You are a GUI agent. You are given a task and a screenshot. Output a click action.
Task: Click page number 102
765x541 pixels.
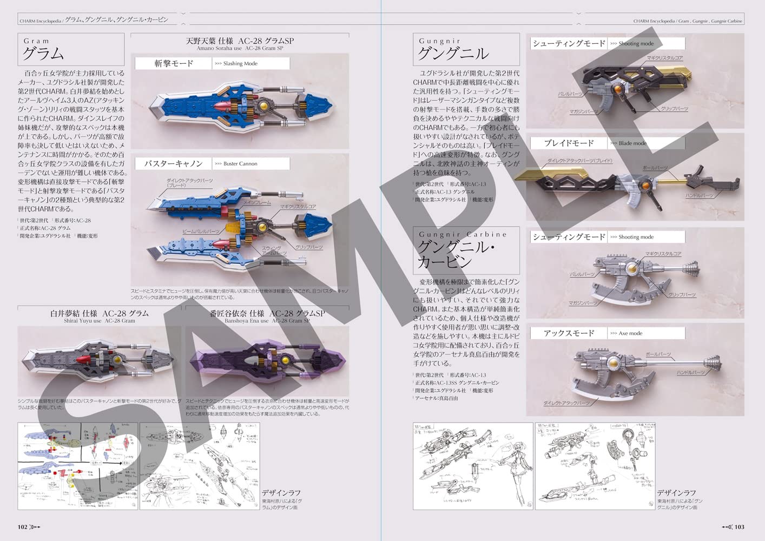click(23, 527)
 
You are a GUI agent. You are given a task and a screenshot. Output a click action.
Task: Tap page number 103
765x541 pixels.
click(739, 527)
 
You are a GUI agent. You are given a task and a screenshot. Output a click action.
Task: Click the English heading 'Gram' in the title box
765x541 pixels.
click(36, 41)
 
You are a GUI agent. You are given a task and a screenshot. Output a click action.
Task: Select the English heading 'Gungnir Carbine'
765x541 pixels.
click(463, 235)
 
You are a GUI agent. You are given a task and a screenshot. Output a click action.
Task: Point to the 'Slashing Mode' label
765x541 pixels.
click(240, 64)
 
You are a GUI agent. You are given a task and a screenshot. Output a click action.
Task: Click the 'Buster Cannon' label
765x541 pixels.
click(240, 164)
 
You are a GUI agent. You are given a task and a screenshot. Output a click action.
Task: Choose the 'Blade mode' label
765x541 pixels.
click(632, 143)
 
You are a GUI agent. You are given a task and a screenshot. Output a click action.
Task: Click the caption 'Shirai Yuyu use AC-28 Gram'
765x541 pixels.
click(99, 321)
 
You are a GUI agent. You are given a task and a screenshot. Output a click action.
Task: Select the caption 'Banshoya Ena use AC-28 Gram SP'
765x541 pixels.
click(267, 321)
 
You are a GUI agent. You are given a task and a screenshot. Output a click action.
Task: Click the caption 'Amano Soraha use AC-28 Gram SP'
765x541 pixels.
click(240, 48)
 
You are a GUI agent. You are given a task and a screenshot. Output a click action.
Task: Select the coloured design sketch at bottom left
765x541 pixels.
click(77, 466)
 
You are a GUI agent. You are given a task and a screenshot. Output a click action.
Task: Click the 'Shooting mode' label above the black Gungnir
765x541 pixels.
click(636, 44)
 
